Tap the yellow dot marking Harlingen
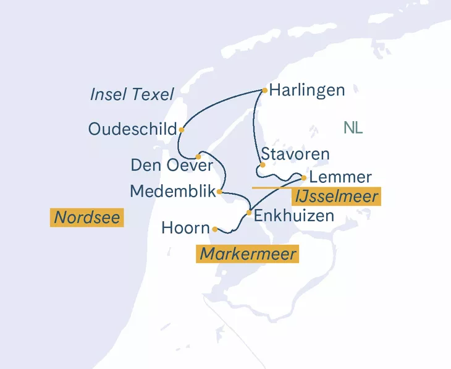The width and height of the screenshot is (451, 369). point(265,90)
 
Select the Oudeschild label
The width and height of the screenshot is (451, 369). point(133,129)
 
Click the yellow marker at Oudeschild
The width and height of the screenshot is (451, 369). point(181,130)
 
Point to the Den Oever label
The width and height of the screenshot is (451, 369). point(172,165)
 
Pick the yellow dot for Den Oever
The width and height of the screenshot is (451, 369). point(198,156)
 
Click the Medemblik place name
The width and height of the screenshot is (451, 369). point(172,192)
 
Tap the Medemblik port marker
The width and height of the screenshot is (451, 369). point(220,192)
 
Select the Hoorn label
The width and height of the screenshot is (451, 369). point(185,228)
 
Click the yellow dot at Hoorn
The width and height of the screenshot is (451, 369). point(214,229)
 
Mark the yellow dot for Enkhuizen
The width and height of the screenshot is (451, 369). point(248,213)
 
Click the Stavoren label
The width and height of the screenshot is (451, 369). point(295,154)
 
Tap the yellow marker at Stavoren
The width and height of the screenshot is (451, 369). point(263,165)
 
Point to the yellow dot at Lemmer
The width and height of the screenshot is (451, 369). point(304,177)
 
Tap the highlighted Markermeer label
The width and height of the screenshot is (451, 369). point(248,254)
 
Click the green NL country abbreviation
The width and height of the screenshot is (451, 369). point(353,129)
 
